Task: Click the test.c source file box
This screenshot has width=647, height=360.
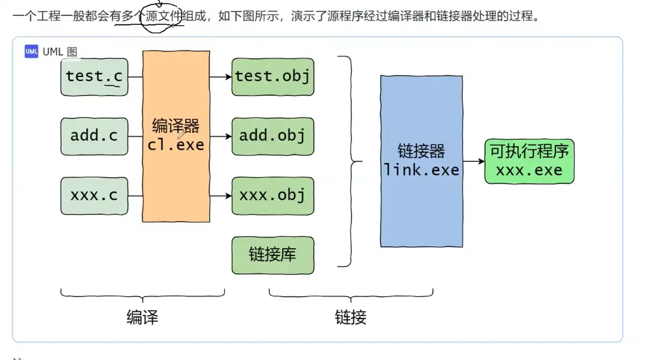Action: pyautogui.click(x=94, y=77)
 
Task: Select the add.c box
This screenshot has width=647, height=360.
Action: pyautogui.click(x=94, y=136)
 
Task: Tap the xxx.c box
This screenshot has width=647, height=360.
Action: pyautogui.click(x=94, y=196)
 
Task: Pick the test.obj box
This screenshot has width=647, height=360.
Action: pyautogui.click(x=273, y=77)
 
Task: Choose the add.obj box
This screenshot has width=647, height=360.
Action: pyautogui.click(x=273, y=136)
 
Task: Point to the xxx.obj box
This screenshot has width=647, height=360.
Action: pyautogui.click(x=273, y=196)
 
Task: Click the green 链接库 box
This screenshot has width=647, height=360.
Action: pyautogui.click(x=273, y=255)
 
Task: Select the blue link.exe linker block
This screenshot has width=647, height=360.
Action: pyautogui.click(x=421, y=203)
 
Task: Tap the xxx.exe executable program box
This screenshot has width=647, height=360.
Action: pyautogui.click(x=529, y=161)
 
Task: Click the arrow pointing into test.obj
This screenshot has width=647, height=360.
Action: pyautogui.click(x=221, y=77)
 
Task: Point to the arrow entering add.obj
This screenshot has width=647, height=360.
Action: pyautogui.click(x=221, y=137)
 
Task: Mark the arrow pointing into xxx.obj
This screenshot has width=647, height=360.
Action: pyautogui.click(x=221, y=196)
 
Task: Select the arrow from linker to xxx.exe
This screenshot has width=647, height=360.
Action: pyautogui.click(x=473, y=161)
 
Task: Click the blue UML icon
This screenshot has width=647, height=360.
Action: pyautogui.click(x=31, y=51)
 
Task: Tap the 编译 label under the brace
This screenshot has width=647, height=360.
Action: pyautogui.click(x=142, y=318)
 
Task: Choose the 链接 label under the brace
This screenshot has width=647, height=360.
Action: pyautogui.click(x=350, y=318)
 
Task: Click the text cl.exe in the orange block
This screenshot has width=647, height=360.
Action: pyautogui.click(x=176, y=145)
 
